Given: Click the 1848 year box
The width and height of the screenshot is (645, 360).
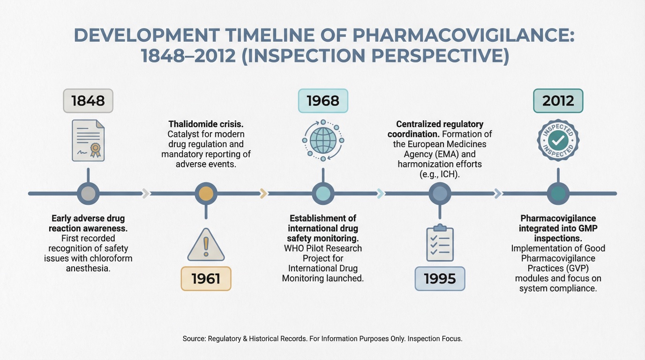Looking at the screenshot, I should [x=88, y=101].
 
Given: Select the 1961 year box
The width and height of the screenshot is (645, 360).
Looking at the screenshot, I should [x=206, y=279].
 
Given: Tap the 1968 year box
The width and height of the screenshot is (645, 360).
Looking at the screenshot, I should [x=323, y=101].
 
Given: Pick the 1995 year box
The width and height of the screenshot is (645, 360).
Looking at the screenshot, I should [x=440, y=279].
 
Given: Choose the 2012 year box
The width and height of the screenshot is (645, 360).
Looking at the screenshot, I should [x=558, y=101].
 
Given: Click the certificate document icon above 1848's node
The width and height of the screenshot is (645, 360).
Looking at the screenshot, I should [x=88, y=141].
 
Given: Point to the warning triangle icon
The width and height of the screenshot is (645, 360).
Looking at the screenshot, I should [x=206, y=245].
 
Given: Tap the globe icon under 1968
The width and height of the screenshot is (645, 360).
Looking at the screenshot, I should [x=323, y=140].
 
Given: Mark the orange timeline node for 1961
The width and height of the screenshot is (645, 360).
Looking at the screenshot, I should [x=206, y=194].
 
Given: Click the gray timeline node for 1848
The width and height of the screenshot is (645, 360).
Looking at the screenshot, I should [x=88, y=194].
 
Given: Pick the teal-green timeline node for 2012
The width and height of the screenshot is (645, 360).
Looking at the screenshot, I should [x=558, y=194].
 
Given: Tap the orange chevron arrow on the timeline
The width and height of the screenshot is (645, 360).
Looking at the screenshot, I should [x=263, y=194].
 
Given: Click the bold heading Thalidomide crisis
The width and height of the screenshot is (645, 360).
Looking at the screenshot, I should [x=206, y=124].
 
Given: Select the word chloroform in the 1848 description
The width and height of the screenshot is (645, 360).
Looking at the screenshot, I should [x=112, y=258].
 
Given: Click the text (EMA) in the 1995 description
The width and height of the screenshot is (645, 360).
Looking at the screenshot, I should [x=450, y=154].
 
